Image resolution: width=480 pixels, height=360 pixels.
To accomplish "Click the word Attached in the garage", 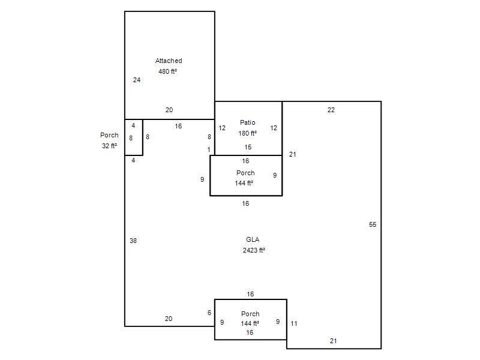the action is tap(169, 61).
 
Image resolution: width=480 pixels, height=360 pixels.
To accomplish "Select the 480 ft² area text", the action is tap(168, 71).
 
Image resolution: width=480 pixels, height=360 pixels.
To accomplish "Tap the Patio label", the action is tap(248, 122).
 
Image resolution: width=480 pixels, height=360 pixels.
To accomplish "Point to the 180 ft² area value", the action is tap(248, 133).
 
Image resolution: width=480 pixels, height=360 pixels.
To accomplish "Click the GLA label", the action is tap(253, 239).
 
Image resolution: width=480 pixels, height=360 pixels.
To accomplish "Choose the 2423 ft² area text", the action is tap(254, 250).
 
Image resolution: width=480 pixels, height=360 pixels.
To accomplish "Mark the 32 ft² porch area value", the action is tap(110, 146).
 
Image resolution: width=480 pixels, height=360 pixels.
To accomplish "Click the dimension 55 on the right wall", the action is tap(373, 224).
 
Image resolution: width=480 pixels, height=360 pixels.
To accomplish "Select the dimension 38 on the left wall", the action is tap(133, 241).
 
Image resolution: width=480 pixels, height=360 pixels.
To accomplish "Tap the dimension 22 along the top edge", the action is tap(331, 110).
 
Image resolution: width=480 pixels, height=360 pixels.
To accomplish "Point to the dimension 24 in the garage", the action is tap(137, 80).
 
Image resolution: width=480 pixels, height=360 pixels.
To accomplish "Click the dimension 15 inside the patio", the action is tap(248, 147).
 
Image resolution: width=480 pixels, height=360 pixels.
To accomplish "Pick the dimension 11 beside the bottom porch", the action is tap(294, 323).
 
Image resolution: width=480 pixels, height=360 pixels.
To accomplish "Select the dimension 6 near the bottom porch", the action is tap(209, 313).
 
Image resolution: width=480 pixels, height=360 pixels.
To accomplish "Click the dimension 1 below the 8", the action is tap(209, 149).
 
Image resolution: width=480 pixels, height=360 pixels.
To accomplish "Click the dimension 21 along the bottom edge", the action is tap(334, 341).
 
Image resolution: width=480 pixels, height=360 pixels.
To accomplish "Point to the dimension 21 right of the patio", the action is tap(293, 154).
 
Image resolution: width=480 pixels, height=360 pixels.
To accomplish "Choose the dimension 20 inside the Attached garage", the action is tap(169, 110).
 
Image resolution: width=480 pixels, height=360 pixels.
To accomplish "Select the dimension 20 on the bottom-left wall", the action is tap(169, 319).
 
